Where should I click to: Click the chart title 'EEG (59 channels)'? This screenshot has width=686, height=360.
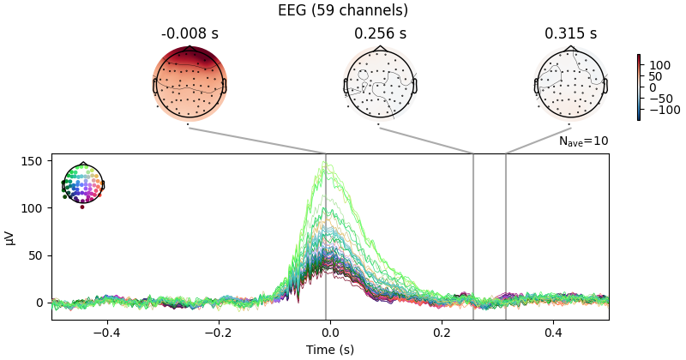click(343, 11)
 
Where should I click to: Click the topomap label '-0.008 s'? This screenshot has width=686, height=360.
click(190, 34)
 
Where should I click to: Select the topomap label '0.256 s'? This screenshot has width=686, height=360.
click(380, 34)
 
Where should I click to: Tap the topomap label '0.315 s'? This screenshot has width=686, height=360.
click(570, 34)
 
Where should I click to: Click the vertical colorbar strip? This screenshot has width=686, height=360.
click(639, 87)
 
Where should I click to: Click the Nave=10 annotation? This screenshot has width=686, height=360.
click(583, 141)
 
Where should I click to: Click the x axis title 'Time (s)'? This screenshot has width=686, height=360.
click(330, 350)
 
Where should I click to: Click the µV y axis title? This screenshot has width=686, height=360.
click(10, 237)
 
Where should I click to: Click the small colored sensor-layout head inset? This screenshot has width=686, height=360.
click(82, 183)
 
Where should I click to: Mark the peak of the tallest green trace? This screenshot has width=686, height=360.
click(327, 162)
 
